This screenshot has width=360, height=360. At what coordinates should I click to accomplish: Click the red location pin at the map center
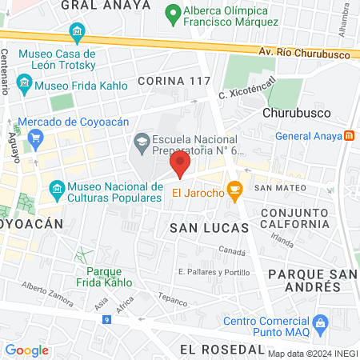click(x=180, y=165)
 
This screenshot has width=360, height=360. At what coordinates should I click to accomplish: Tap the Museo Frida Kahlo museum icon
click(x=24, y=82)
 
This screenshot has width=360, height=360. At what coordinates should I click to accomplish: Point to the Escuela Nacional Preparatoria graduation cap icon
click(x=142, y=142)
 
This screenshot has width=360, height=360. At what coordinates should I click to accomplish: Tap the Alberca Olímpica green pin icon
click(x=170, y=13)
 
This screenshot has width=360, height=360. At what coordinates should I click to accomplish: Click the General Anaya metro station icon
click(x=349, y=135)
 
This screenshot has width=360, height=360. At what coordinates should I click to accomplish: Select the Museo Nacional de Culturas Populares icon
click(x=56, y=190)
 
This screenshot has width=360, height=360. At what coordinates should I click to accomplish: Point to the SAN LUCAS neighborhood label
click(x=200, y=228)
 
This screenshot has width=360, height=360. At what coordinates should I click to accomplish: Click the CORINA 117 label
click(x=173, y=81)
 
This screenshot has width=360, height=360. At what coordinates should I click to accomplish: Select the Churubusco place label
click(x=293, y=113)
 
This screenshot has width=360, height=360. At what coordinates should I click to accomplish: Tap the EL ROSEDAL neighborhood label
click(x=222, y=350)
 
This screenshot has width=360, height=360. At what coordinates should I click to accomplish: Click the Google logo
click(x=26, y=350)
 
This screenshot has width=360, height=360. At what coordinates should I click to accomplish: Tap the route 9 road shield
click(x=106, y=320)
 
